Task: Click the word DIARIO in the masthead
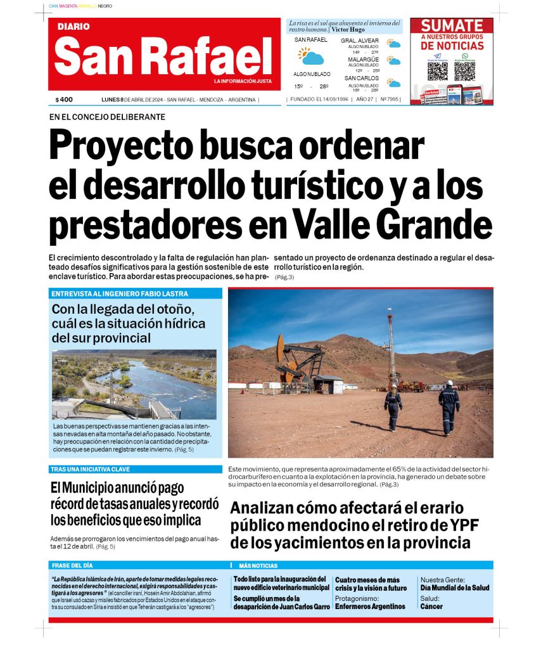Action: [x=73, y=27]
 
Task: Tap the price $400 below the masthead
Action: [x=64, y=100]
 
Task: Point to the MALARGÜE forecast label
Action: [x=363, y=60]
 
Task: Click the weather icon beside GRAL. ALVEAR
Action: [x=394, y=44]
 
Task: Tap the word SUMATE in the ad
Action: [x=452, y=26]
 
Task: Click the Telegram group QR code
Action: [x=437, y=70]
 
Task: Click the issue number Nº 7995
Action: [x=389, y=100]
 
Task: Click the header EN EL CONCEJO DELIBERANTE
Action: [x=107, y=117]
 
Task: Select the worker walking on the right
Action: [x=449, y=407]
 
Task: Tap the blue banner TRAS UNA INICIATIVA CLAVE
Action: [x=90, y=470]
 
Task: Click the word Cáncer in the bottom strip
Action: [x=431, y=607]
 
